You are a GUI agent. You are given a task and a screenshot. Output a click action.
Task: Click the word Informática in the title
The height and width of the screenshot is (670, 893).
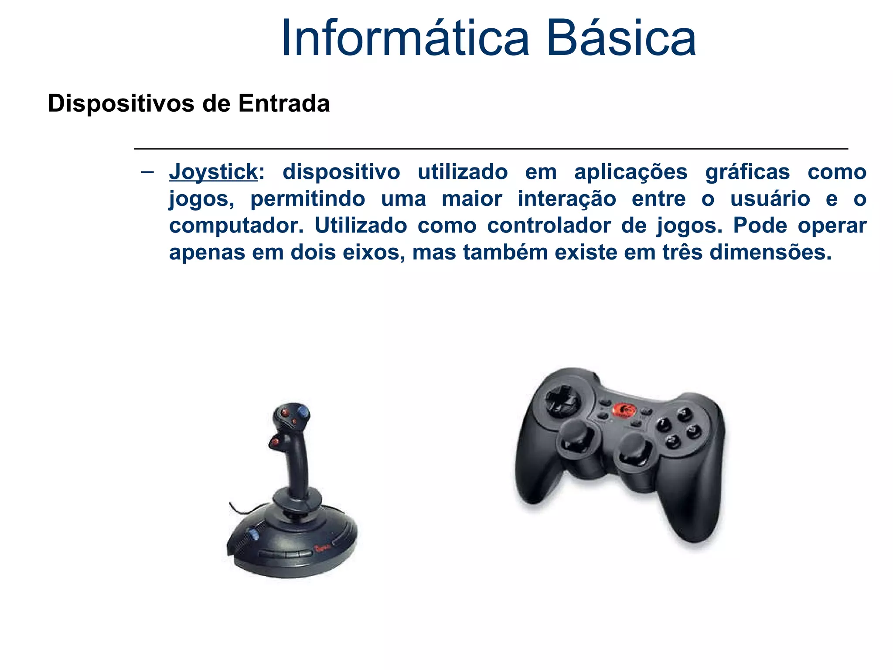[x=405, y=38]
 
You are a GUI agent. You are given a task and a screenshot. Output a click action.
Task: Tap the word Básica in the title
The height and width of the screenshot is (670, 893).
[x=621, y=38]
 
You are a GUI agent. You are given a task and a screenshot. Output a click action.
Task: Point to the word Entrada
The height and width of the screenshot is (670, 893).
[x=284, y=104]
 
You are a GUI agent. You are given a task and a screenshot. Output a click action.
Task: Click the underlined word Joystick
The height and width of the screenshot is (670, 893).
[x=214, y=172]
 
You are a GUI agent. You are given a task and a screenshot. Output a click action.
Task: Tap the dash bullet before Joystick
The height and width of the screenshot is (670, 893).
[x=147, y=171]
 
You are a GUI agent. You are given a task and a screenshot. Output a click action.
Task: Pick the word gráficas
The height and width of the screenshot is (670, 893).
[x=747, y=172]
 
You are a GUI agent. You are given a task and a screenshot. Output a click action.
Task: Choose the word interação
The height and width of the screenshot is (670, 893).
[x=567, y=199]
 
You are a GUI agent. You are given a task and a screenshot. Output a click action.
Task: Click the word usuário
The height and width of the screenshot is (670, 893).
[x=770, y=199]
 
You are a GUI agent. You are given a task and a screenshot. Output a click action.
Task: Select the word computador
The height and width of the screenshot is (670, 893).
[x=236, y=226]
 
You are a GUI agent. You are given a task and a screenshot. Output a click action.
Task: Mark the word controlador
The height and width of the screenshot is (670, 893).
[x=549, y=226]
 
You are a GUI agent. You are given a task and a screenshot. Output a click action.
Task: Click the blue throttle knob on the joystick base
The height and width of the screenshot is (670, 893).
[x=252, y=534]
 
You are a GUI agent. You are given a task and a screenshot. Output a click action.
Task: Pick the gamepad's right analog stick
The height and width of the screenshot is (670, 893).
[x=633, y=453]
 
